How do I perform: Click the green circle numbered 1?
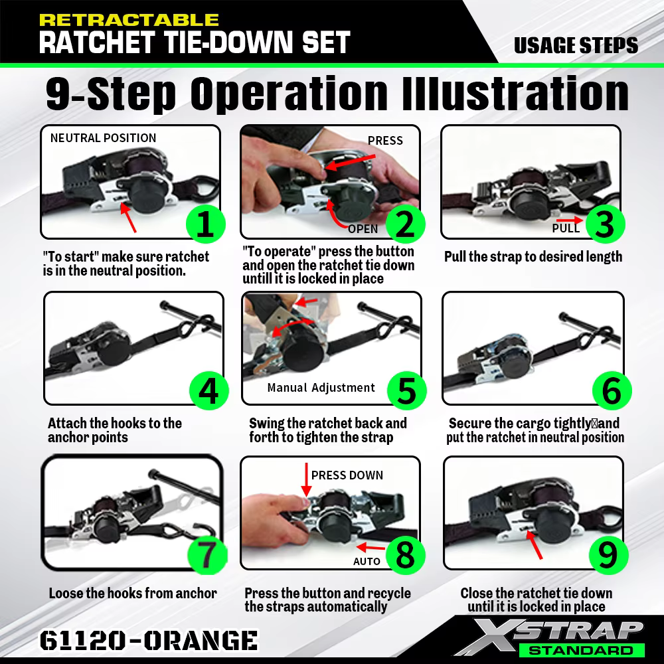coord(205,224)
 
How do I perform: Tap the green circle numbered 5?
coord(406,390)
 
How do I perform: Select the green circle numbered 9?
coord(608,554)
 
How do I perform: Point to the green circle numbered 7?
coord(207,554)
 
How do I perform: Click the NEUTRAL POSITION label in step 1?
coord(104,138)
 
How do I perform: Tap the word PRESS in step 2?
coord(385,141)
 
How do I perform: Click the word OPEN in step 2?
coord(363,229)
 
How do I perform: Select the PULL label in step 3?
coord(566,228)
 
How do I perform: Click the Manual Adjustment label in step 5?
coord(321,388)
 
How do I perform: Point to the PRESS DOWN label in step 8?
coord(347,475)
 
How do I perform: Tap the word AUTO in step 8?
coord(367,562)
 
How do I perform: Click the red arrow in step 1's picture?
coord(128,218)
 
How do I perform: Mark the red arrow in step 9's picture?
coord(535,544)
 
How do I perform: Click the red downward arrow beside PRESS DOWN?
coord(306,479)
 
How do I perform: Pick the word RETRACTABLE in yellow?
coord(129,21)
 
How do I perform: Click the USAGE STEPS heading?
coord(576,45)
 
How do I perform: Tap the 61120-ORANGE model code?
coord(149,640)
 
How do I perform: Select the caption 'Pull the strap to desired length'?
coord(533,256)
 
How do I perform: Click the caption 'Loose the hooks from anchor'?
coord(133,593)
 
